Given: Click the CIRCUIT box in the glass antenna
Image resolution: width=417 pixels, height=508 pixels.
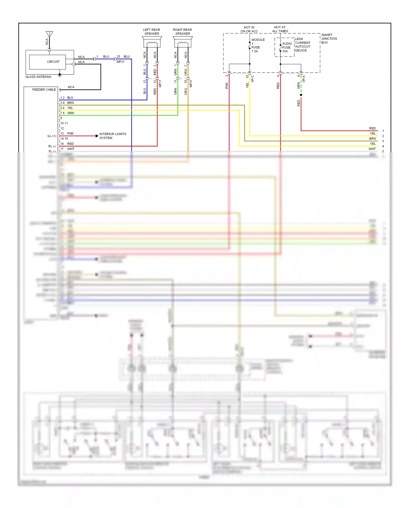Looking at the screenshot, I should pyautogui.click(x=48, y=62).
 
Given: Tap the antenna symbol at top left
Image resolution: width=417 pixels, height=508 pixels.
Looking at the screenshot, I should pyautogui.click(x=49, y=34).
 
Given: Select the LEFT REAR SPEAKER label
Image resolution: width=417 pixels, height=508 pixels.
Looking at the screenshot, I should pyautogui.click(x=152, y=32).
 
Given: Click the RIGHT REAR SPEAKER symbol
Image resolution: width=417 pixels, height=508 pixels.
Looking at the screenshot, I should pyautogui.click(x=183, y=42).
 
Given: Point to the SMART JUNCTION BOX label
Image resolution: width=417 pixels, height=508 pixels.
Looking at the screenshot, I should pyautogui.click(x=329, y=39).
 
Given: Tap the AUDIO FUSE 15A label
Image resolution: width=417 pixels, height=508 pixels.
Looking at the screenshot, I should pyautogui.click(x=287, y=48).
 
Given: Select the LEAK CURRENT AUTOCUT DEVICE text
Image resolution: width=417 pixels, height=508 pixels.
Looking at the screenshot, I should pyautogui.click(x=302, y=45).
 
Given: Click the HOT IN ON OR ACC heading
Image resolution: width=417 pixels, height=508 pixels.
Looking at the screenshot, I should pyautogui.click(x=249, y=29).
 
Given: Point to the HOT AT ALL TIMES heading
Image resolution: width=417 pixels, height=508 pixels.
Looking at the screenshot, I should pyautogui.click(x=280, y=29).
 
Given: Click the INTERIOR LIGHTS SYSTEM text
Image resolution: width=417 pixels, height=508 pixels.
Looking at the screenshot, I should pyautogui.click(x=113, y=136).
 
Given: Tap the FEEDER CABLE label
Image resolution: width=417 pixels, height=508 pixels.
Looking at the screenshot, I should pyautogui.click(x=44, y=89).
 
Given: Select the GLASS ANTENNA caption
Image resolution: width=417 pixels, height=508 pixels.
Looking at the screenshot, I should pyautogui.click(x=38, y=77).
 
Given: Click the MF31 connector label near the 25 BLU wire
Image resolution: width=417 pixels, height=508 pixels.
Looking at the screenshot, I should pyautogui.click(x=121, y=62).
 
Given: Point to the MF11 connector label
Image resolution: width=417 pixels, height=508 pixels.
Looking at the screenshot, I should pyautogui.click(x=160, y=83).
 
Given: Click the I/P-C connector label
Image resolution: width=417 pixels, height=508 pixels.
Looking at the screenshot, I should pyautogui.click(x=253, y=79).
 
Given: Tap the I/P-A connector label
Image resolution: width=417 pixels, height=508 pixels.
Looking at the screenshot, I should pyautogui.click(x=304, y=79).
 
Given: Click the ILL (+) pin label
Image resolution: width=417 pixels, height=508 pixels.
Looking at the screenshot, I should pyautogui.click(x=52, y=136).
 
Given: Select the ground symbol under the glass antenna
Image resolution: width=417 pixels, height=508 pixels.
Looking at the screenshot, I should pyautogui.click(x=59, y=75).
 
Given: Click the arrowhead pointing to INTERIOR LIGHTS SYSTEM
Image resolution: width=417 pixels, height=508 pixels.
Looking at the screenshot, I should pyautogui.click(x=97, y=136).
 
